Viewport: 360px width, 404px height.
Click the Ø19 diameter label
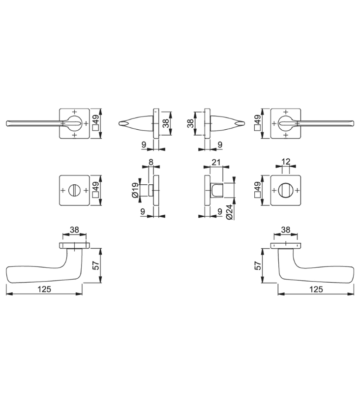point(135,191)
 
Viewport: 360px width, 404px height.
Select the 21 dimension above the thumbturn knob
point(216,162)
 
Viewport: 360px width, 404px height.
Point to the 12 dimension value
point(286,162)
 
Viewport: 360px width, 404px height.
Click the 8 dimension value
point(151,162)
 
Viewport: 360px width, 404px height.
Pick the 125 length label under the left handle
point(44,289)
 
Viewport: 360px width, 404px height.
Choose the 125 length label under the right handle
point(316,289)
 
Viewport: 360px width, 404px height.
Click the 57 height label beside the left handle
point(96,265)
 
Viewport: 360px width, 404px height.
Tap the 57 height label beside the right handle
point(258,265)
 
